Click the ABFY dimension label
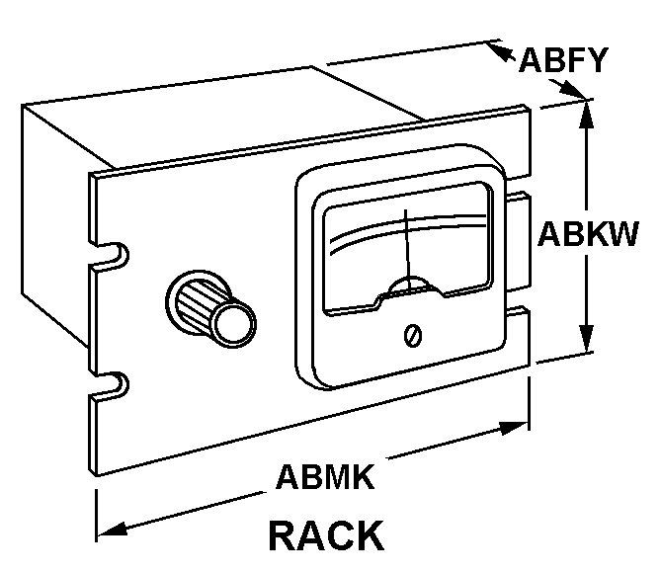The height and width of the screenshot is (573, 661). point(563,60)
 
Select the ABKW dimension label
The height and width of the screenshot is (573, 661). point(588,233)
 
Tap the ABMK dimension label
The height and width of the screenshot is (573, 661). point(325,477)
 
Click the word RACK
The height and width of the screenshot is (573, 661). point(326,535)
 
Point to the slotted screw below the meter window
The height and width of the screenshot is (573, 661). point(413,336)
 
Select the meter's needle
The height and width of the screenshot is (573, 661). point(408,251)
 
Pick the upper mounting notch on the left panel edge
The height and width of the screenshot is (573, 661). point(113,255)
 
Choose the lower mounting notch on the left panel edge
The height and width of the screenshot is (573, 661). point(113,384)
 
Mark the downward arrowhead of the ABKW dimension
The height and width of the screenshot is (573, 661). point(586,338)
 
